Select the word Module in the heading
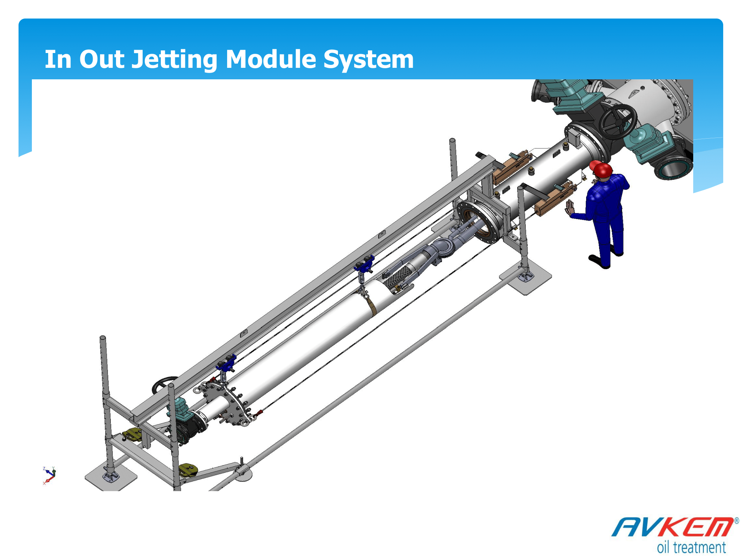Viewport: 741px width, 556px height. pos(270,59)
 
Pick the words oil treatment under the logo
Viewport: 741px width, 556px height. pos(691,547)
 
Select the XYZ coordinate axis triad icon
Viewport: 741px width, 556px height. pos(49,475)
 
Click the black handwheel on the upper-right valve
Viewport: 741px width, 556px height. pos(618,121)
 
